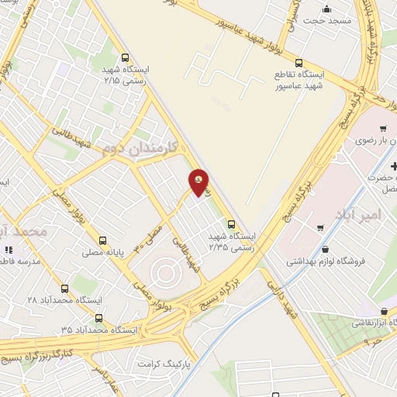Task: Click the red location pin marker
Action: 199,183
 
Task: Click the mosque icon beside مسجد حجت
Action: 326,9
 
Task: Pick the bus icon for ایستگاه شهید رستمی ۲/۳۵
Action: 230,225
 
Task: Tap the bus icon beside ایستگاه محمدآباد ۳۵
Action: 98,318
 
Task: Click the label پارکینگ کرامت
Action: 164,362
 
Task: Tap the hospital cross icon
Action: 394,166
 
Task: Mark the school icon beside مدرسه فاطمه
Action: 10,250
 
